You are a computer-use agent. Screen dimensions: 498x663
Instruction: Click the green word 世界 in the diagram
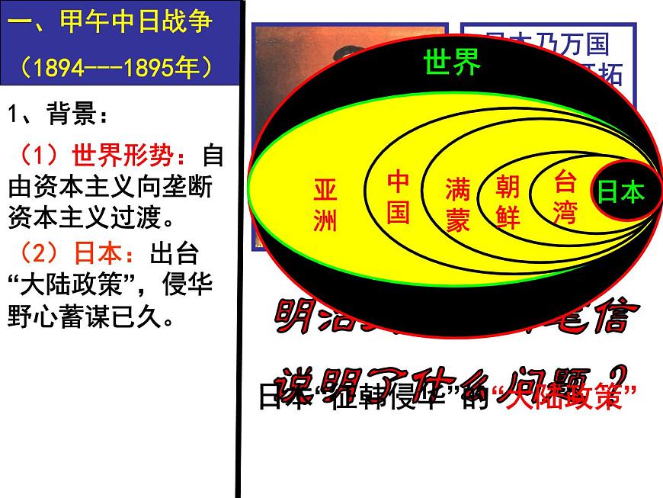452,62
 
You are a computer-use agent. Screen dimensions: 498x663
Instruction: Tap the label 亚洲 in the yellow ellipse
325,205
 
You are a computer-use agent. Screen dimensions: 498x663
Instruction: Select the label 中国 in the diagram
398,196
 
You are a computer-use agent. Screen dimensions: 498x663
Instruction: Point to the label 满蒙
458,204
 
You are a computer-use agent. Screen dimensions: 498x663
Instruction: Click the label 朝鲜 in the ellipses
508,201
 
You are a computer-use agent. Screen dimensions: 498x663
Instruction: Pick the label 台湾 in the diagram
565,197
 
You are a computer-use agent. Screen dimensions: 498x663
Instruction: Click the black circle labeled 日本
620,191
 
